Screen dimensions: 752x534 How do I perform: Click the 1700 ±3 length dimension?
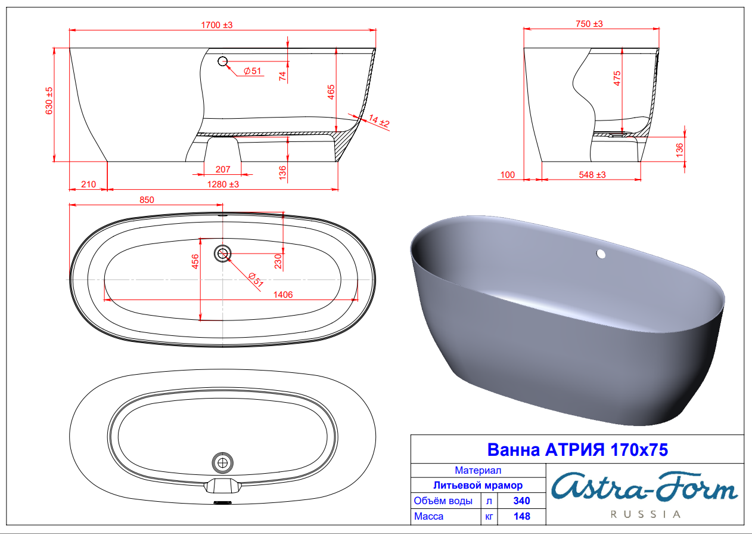tap(216, 25)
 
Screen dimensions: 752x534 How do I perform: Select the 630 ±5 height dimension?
tap(49, 100)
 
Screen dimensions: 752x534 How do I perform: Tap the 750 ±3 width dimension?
tap(589, 24)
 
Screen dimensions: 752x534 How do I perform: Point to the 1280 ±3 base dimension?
tap(223, 184)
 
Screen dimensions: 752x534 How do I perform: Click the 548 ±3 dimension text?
tap(592, 175)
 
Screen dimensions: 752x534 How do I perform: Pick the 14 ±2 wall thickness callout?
tap(379, 121)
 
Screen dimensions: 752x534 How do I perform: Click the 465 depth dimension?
tap(331, 92)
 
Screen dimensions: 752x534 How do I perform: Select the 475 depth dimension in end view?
tap(617, 78)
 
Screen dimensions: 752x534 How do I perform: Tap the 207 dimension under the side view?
tap(223, 169)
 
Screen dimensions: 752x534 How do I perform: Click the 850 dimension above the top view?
tap(147, 200)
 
